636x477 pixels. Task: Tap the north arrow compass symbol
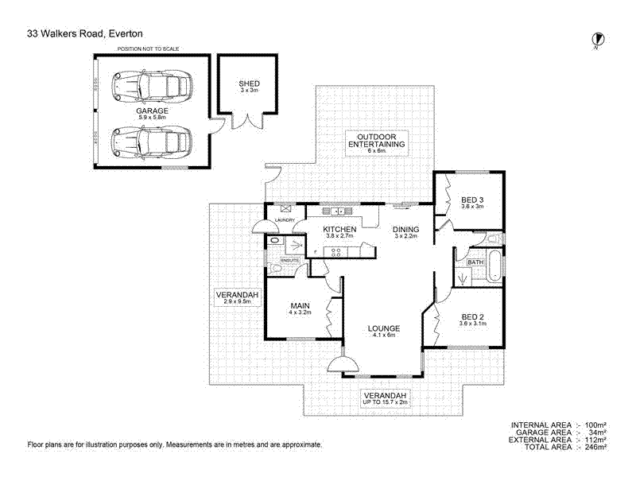pos(596,40)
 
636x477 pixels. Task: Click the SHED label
pos(249,84)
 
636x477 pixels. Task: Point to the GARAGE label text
pos(151,111)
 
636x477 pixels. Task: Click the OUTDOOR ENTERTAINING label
pos(376,140)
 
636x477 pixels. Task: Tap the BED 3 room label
pos(472,200)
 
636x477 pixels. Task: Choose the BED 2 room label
pos(471,317)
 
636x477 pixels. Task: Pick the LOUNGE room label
pos(383,328)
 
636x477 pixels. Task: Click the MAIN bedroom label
pos(299,305)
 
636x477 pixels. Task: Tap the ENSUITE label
pos(289,260)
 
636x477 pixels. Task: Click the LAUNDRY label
pos(285,220)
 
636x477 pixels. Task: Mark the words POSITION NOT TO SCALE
pos(148,48)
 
